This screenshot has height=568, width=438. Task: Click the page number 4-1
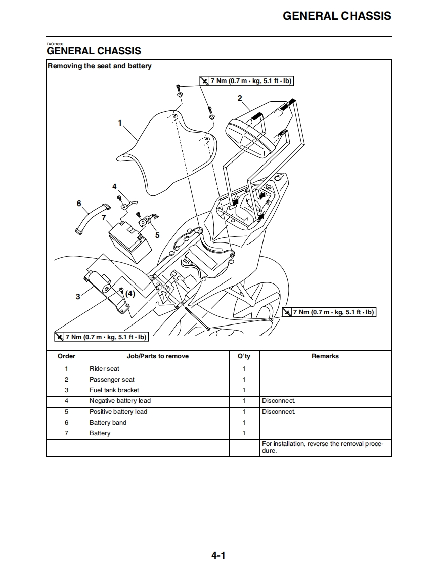(218, 555)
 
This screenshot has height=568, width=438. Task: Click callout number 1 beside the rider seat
(120, 123)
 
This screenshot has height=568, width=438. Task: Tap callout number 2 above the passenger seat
(240, 98)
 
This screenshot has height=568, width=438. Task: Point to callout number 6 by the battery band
(79, 204)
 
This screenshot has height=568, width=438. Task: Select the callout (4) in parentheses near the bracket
(130, 293)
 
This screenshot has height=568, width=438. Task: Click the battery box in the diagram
(130, 242)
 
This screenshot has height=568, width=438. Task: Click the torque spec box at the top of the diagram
(246, 81)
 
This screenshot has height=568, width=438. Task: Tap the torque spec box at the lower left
(101, 337)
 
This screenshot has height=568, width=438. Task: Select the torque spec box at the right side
(329, 312)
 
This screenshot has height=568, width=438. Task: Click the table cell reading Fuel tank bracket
(114, 390)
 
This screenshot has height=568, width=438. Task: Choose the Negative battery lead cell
(120, 401)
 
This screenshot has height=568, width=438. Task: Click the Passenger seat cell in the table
(112, 380)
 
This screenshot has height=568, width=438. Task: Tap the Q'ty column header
(244, 356)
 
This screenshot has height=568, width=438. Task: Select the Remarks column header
(325, 356)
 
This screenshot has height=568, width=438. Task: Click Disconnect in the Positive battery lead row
(279, 412)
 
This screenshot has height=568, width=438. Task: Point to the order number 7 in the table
(66, 433)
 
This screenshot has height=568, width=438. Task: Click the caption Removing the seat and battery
(100, 66)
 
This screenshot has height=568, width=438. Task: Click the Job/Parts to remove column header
(158, 356)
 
